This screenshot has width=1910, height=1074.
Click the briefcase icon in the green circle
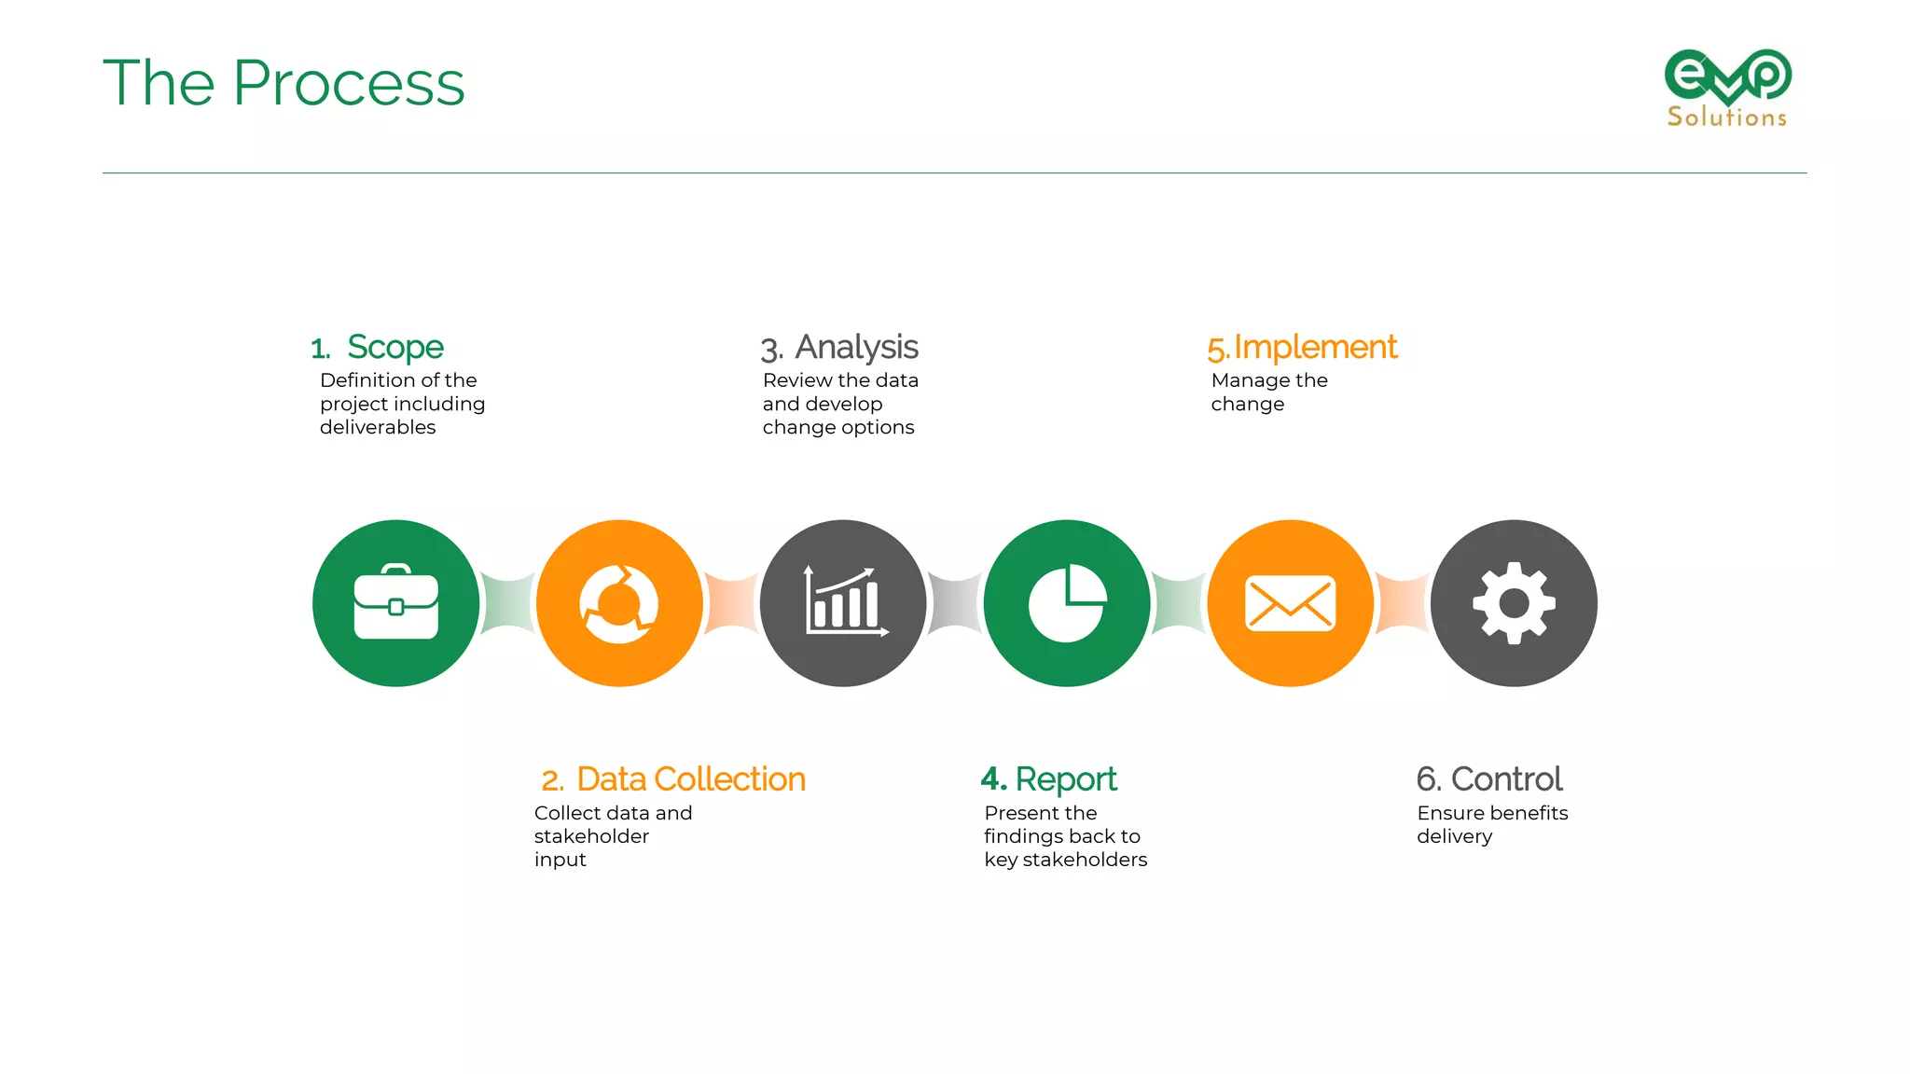pyautogui.click(x=396, y=603)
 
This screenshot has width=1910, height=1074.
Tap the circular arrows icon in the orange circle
pyautogui.click(x=619, y=603)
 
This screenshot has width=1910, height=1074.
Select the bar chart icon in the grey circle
pyautogui.click(x=845, y=602)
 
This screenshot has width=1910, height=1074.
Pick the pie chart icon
pyautogui.click(x=1067, y=603)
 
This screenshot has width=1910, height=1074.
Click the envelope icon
pyautogui.click(x=1291, y=603)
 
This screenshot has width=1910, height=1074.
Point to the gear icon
pyautogui.click(x=1514, y=603)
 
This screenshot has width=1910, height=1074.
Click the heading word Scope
pyautogui.click(x=395, y=347)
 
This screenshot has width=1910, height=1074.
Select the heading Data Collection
pyautogui.click(x=690, y=779)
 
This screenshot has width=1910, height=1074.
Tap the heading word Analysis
pyautogui.click(x=856, y=347)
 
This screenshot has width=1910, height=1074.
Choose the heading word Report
pyautogui.click(x=1065, y=779)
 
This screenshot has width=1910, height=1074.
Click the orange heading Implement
pyautogui.click(x=1315, y=347)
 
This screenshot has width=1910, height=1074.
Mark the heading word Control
pyautogui.click(x=1506, y=779)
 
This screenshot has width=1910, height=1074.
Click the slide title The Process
pyautogui.click(x=284, y=83)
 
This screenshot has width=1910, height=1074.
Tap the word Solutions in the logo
pyautogui.click(x=1727, y=117)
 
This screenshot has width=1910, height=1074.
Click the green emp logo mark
pyautogui.click(x=1727, y=75)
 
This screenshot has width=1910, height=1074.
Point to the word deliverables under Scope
pyautogui.click(x=378, y=427)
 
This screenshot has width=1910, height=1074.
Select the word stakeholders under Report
pyautogui.click(x=1085, y=860)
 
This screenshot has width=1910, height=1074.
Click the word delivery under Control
pyautogui.click(x=1454, y=836)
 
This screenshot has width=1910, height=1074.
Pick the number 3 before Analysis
pyautogui.click(x=770, y=350)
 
